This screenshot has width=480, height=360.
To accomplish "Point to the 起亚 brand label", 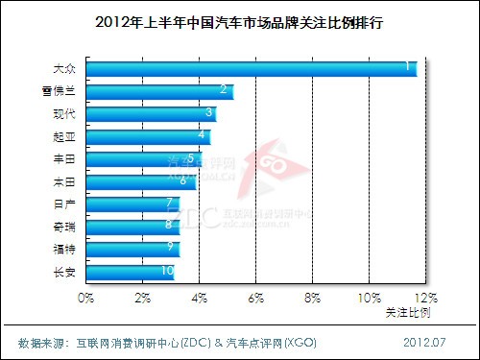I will [x=64, y=136].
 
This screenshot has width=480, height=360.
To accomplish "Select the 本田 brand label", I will [x=64, y=181].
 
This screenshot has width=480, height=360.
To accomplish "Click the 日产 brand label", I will [x=64, y=204].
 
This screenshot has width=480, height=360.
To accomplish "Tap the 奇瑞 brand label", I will [x=64, y=227].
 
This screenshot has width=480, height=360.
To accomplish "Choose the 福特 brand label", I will [x=64, y=249].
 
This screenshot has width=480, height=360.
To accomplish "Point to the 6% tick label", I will [x=255, y=299].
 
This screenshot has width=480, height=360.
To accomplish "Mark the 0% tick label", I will [x=86, y=299].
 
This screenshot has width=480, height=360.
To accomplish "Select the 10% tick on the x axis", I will [x=369, y=299].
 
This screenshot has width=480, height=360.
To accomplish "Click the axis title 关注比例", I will [x=408, y=313].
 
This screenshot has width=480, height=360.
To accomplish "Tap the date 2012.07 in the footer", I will [x=423, y=342].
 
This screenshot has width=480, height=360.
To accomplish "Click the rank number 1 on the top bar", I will [x=408, y=67].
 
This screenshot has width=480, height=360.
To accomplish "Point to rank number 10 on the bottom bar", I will [x=167, y=272].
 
